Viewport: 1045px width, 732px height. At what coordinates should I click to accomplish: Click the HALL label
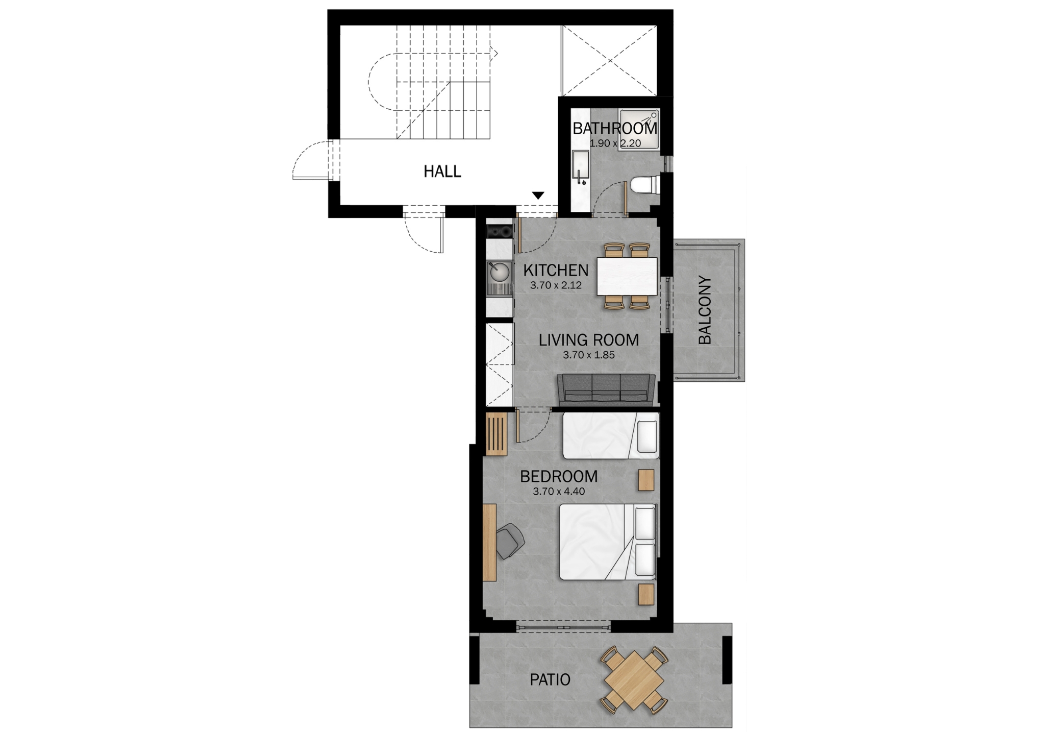442,171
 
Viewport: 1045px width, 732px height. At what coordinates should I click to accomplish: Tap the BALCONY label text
704,310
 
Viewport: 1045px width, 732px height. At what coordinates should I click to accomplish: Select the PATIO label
550,679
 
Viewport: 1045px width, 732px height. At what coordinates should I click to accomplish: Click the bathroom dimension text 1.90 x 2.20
615,143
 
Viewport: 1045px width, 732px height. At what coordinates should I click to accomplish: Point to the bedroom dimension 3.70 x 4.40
559,492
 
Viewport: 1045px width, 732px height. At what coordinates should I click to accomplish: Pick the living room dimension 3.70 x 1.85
589,355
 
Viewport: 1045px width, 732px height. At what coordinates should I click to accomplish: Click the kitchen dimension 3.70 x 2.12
556,285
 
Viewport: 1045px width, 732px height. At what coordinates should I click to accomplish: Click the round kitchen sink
142,271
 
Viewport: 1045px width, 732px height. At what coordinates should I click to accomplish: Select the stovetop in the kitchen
142,232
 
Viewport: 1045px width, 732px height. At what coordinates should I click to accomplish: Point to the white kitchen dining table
627,276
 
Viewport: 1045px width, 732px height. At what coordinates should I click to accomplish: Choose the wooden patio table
634,679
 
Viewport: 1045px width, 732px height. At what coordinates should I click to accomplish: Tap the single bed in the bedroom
610,435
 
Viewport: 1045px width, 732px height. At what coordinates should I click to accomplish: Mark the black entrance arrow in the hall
538,195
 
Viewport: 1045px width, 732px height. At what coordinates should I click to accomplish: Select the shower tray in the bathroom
639,130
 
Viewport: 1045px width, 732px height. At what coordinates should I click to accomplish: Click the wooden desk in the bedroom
132,542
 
